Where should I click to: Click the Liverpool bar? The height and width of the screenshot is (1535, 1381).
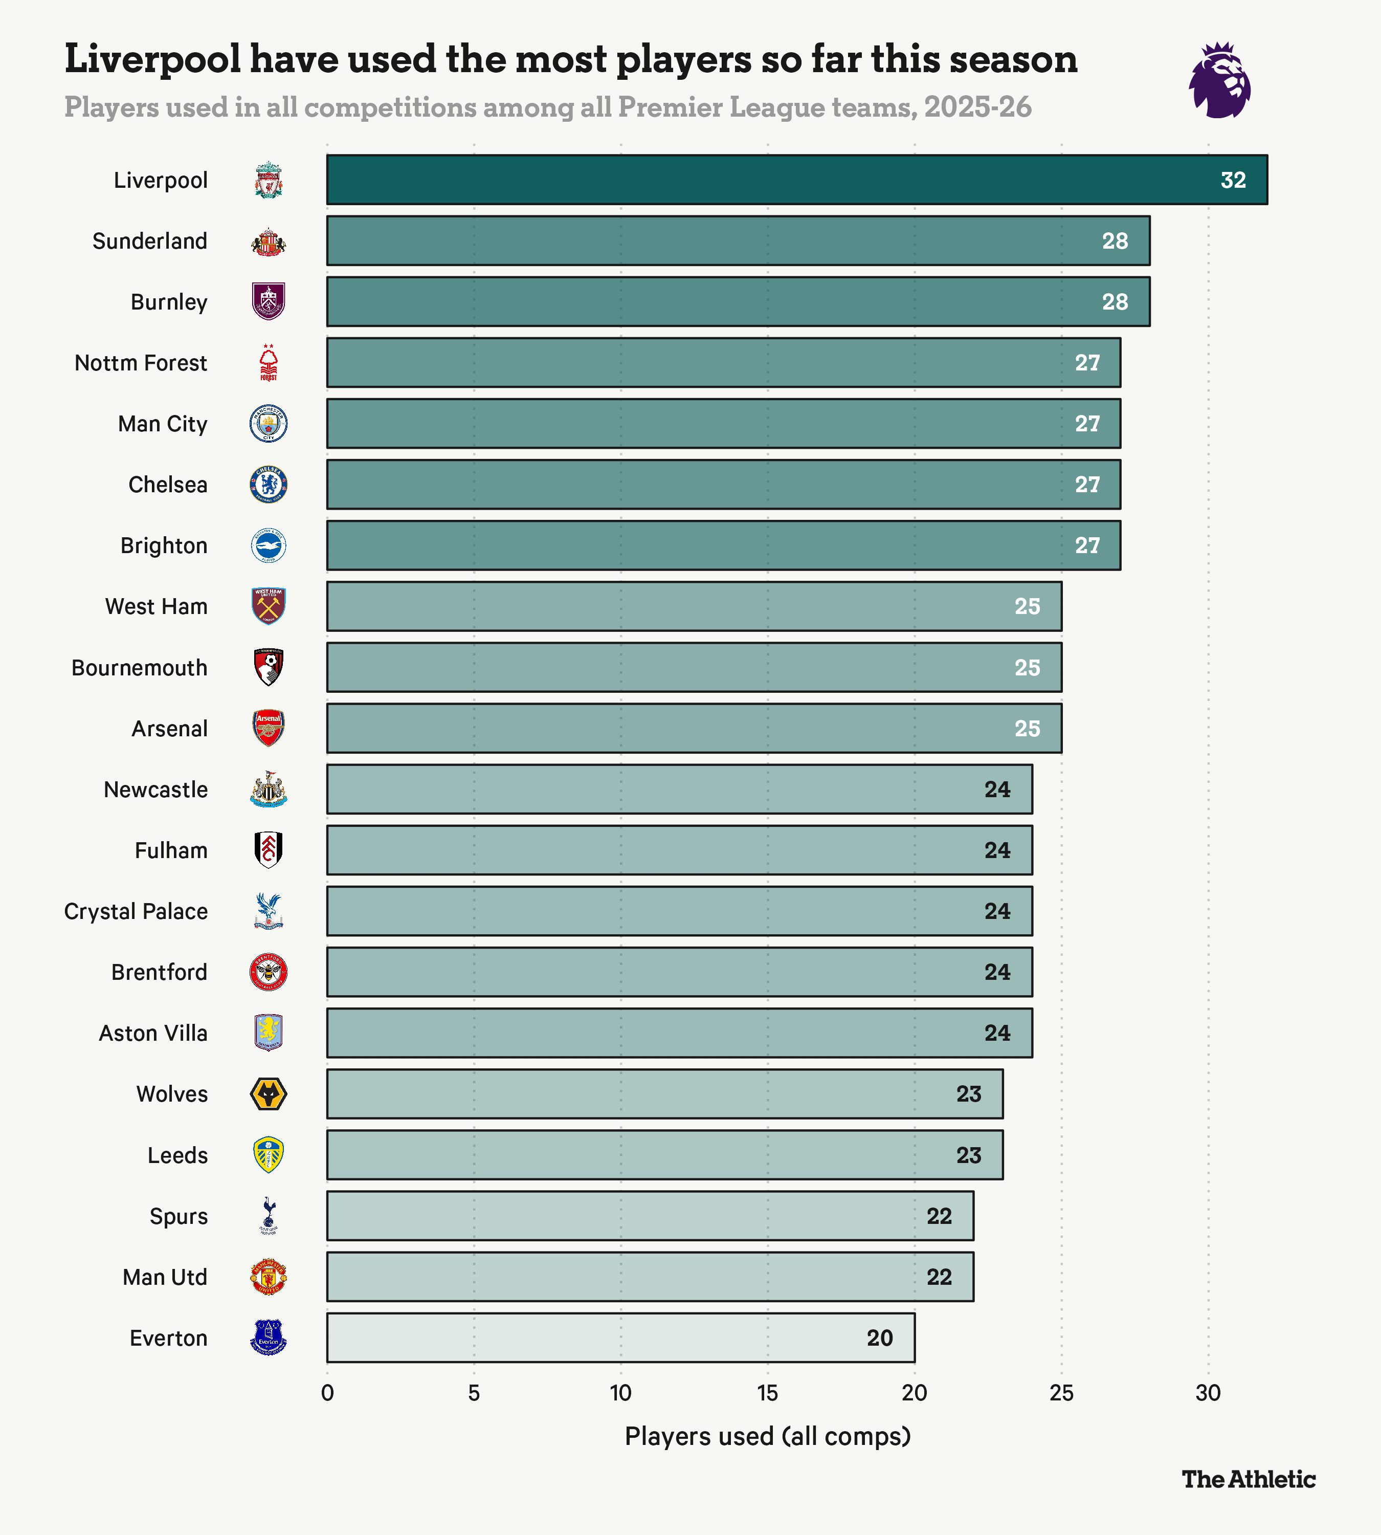(797, 180)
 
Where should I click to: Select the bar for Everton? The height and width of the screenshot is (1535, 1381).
(621, 1337)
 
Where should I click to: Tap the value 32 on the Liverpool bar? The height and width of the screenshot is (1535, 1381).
(1233, 181)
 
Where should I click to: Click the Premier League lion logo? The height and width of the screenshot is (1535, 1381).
(1219, 80)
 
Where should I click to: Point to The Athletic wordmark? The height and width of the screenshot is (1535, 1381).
(1248, 1479)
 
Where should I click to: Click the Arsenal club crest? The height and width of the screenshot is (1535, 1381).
(269, 728)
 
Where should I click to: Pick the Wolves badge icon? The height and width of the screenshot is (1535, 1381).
(269, 1094)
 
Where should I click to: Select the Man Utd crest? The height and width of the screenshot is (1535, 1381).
(269, 1277)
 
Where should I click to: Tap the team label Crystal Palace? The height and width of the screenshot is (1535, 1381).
(136, 911)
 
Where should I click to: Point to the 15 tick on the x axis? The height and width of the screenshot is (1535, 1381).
(767, 1393)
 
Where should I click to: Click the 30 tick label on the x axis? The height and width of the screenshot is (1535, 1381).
(1208, 1393)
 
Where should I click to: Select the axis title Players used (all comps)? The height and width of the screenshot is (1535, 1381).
(767, 1436)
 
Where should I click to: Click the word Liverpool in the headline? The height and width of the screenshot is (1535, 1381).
(152, 59)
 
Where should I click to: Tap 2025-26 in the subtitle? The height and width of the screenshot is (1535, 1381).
(977, 107)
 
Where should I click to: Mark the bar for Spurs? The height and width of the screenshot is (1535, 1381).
(650, 1215)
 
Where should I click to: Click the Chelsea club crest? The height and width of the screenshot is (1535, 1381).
(269, 485)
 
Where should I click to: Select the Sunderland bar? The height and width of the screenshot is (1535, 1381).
(738, 240)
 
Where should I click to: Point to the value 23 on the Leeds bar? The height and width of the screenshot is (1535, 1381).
(968, 1155)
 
